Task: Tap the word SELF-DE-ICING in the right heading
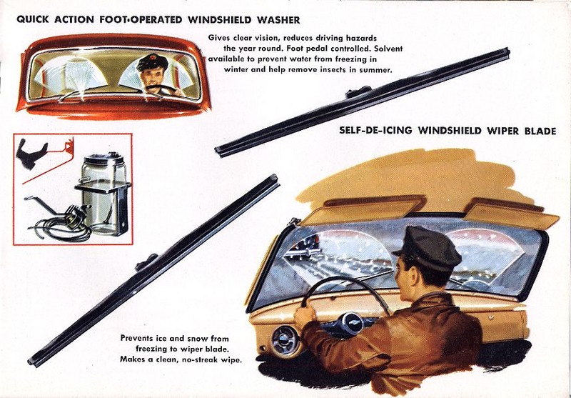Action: pos(376,131)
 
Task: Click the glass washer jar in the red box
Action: pos(103,194)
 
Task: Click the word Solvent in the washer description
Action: pos(388,49)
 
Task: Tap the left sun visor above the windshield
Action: pos(363,211)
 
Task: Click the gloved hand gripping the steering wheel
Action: pos(305,316)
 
